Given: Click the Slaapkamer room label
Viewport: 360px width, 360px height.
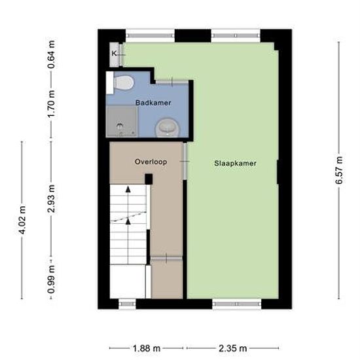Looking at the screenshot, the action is pyautogui.click(x=235, y=163).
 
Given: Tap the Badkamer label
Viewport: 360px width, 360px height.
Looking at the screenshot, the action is pyautogui.click(x=153, y=103).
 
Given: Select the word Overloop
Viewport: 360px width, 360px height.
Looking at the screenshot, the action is pyautogui.click(x=151, y=162).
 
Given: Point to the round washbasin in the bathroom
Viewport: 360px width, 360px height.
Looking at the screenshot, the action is pyautogui.click(x=168, y=128).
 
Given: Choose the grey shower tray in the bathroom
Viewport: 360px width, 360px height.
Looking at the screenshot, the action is pyautogui.click(x=122, y=122).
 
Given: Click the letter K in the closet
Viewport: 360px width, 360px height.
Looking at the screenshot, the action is pyautogui.click(x=114, y=54).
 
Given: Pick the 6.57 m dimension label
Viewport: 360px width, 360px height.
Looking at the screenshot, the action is pyautogui.click(x=339, y=170).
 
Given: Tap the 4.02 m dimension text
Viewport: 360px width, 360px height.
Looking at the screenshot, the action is pyautogui.click(x=22, y=220).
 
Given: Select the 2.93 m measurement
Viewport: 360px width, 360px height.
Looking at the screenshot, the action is pyautogui.click(x=52, y=198).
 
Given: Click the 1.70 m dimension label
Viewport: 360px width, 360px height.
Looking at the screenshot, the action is pyautogui.click(x=52, y=103).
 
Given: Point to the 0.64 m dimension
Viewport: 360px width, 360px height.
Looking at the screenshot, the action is pyautogui.click(x=51, y=54).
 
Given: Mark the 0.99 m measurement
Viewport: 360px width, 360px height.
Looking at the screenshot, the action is pyautogui.click(x=52, y=279).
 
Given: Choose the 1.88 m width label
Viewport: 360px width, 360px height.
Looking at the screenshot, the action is pyautogui.click(x=147, y=348).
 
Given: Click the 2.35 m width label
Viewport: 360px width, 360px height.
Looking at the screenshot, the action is pyautogui.click(x=232, y=348).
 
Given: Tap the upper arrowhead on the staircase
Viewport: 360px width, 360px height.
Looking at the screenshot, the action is pyautogui.click(x=128, y=189).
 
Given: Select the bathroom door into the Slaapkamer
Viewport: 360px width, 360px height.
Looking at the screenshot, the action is pyautogui.click(x=172, y=82).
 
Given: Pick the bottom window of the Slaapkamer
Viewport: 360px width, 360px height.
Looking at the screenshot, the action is pyautogui.click(x=237, y=304).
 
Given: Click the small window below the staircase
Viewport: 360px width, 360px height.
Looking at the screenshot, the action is pyautogui.click(x=127, y=304).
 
